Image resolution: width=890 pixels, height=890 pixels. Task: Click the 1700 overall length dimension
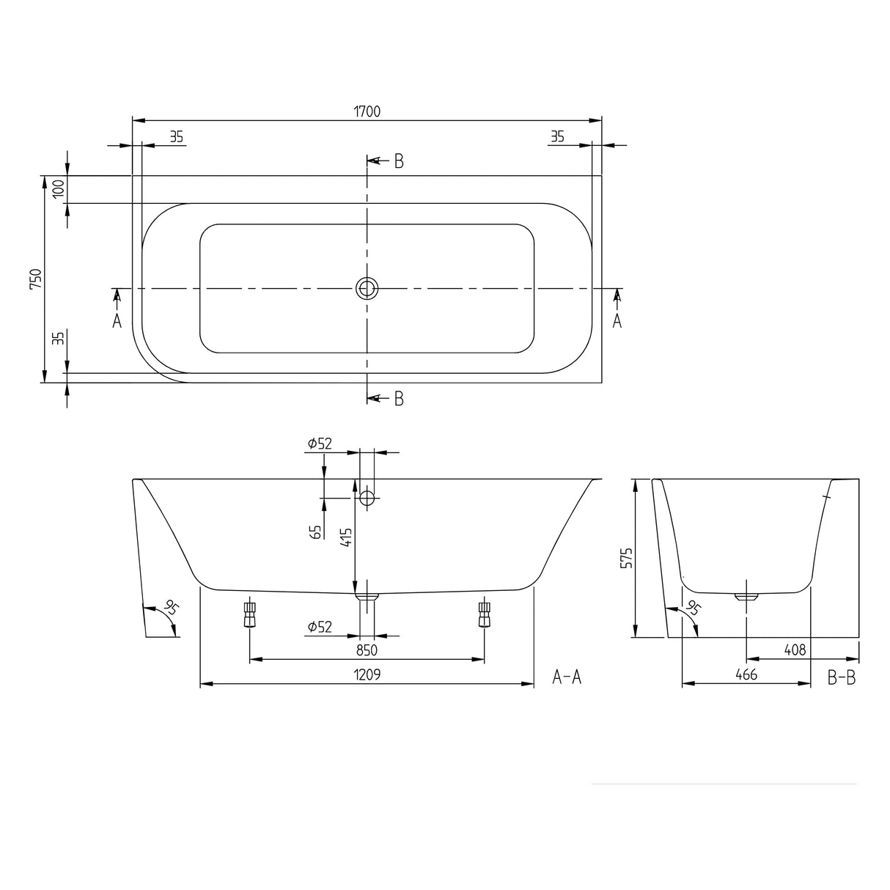[367, 111]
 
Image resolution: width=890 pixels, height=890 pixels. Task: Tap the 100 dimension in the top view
[59, 189]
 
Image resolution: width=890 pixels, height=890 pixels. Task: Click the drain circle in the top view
[367, 288]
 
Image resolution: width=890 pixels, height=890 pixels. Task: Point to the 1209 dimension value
[367, 674]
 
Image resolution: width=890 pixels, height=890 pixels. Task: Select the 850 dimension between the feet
[367, 650]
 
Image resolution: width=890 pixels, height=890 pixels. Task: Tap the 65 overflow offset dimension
[317, 532]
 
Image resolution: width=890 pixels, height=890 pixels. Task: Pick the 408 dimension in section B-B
[795, 650]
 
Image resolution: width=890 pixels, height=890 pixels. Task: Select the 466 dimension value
[746, 674]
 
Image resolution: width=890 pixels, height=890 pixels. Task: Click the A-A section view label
[567, 677]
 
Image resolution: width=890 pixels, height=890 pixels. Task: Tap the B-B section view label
[842, 677]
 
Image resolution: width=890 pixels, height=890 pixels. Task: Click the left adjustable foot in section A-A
[250, 614]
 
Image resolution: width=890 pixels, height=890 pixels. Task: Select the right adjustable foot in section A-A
[484, 614]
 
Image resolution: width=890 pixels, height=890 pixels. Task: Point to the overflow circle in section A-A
[367, 499]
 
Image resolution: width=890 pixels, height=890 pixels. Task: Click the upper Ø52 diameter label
[320, 444]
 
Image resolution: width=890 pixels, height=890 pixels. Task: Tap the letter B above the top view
[399, 161]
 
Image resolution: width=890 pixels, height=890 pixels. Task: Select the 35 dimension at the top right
[557, 136]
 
